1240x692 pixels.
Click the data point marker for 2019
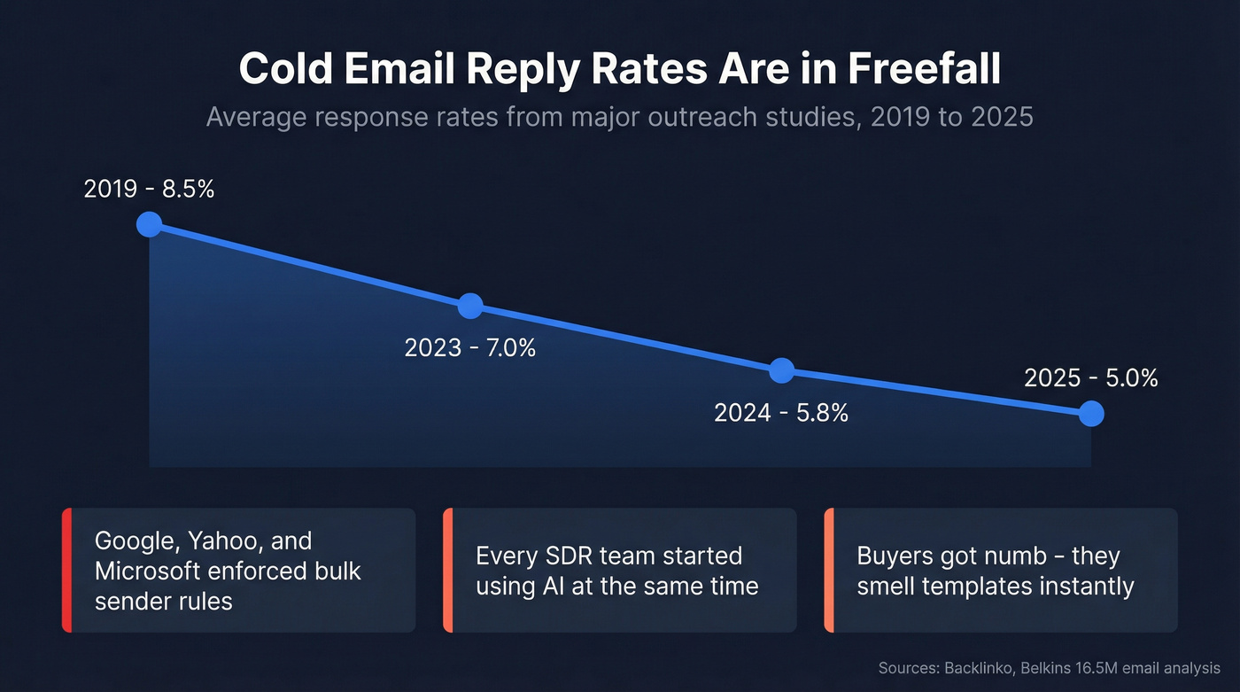coord(149,224)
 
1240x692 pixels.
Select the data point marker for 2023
coord(470,306)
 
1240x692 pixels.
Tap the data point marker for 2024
coord(781,370)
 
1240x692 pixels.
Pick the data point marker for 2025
coord(1091,413)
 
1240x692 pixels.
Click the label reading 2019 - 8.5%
coord(149,189)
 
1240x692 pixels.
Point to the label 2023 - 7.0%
coord(470,347)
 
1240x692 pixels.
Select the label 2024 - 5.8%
coord(781,412)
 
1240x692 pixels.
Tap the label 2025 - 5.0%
coord(1091,377)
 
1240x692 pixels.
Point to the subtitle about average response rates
coord(620,117)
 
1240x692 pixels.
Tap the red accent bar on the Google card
coord(66,571)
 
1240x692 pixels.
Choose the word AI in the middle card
coord(556,586)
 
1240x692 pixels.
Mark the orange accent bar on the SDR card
coord(447,571)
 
